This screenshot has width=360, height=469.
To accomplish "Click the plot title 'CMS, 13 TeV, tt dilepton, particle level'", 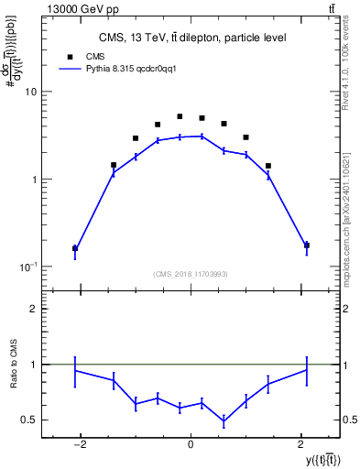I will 192,38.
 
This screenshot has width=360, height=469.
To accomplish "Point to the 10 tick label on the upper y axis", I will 30,92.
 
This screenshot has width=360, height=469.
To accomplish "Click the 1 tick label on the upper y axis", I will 33,180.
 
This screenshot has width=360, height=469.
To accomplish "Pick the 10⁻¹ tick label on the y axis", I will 27,267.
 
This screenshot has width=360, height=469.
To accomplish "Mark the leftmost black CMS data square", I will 75,248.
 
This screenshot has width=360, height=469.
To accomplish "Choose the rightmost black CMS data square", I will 306,245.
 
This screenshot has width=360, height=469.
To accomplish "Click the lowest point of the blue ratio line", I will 224,421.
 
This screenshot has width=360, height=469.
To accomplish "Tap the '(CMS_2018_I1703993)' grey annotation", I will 191,273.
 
